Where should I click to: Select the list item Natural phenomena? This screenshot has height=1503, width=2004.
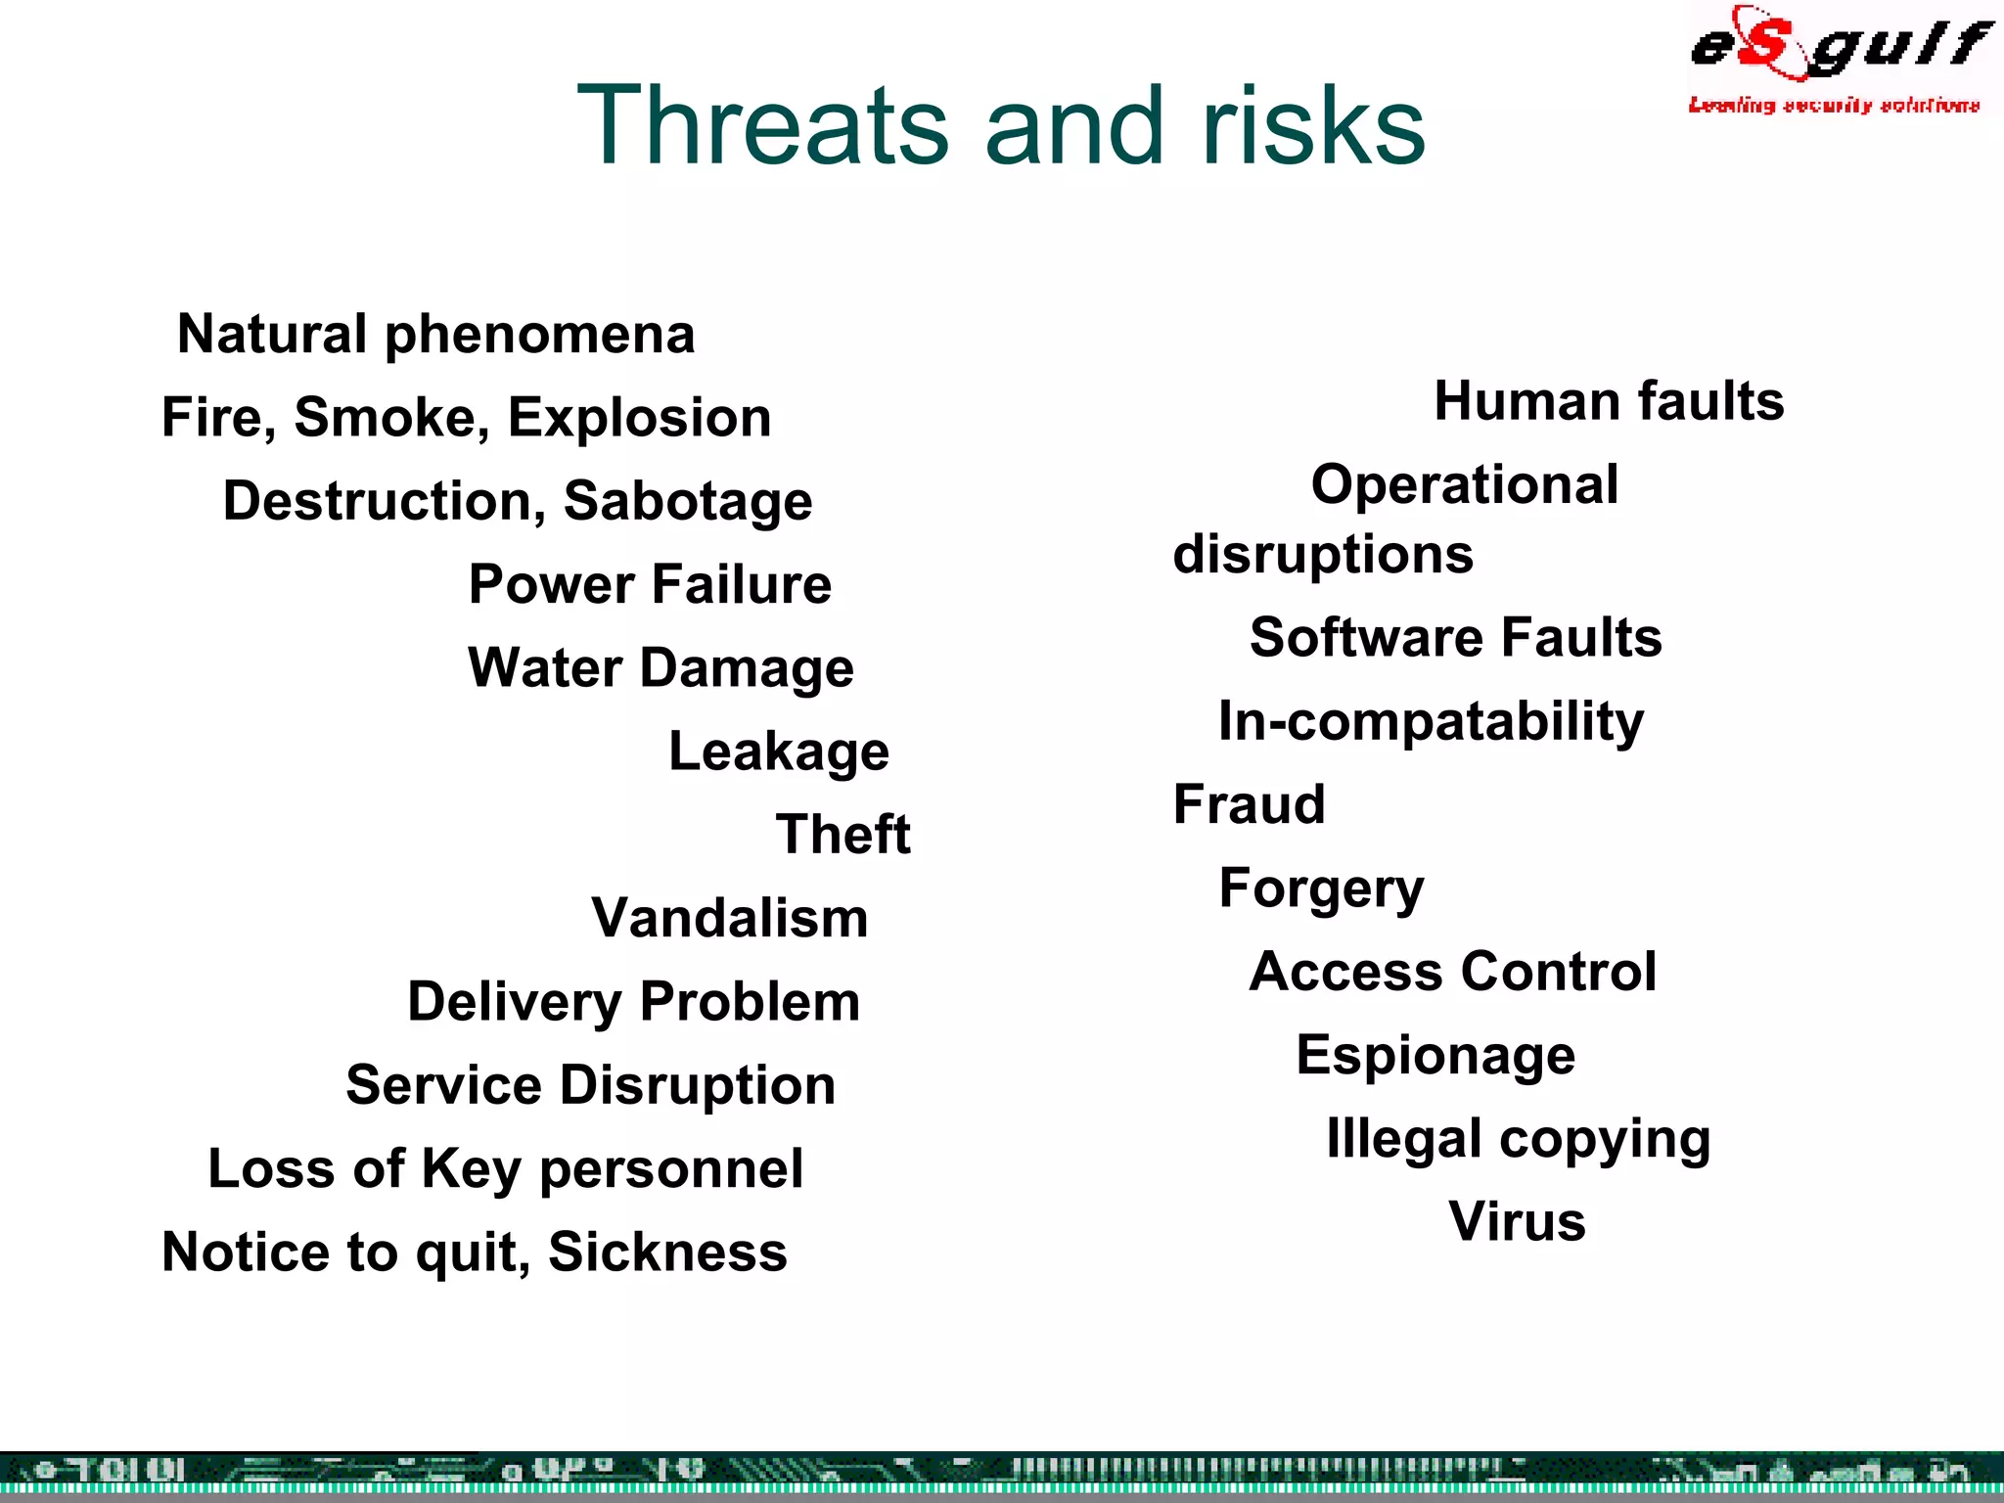point(436,335)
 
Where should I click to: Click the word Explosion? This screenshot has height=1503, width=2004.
point(639,418)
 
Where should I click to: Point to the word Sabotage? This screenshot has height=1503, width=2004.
point(688,502)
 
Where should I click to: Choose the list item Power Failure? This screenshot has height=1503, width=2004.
point(650,584)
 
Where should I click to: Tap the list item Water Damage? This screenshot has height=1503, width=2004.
point(660,668)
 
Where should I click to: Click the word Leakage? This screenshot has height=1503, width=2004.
point(779,751)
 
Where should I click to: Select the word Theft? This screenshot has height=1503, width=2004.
point(843,835)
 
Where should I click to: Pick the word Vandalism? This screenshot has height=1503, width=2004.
point(730,918)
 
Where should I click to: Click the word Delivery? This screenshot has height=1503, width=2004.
point(515,1002)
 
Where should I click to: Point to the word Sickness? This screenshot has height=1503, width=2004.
point(667,1252)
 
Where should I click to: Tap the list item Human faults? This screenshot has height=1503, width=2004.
point(1609,401)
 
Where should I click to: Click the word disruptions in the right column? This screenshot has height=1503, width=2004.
point(1323,555)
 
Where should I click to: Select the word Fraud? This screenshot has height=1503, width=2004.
point(1249,804)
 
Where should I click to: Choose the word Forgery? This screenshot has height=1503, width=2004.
point(1321,889)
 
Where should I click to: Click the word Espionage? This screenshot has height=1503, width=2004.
point(1435,1056)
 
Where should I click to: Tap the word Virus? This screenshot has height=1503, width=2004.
point(1517,1222)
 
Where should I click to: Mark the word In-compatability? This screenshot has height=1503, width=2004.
point(1431,722)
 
